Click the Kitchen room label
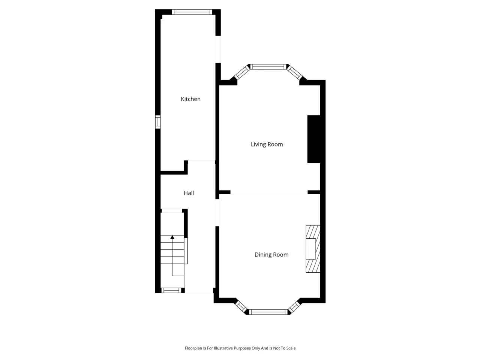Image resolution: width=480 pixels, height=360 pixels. point(190,99)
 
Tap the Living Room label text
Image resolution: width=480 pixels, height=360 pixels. point(267,144)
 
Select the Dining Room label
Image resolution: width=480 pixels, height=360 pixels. point(271,255)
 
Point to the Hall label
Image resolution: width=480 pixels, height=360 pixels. point(189,193)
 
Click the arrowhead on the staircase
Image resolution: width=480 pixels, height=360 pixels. point(172,237)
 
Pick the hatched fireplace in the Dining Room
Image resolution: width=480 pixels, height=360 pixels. point(313,249)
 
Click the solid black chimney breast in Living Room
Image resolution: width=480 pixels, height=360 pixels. point(314,139)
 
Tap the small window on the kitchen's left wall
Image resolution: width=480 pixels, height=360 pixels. point(157,122)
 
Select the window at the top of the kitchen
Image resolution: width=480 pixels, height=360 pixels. point(192,12)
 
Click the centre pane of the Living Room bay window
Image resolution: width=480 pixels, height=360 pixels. point(268,67)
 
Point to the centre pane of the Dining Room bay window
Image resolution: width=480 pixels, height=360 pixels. point(268,312)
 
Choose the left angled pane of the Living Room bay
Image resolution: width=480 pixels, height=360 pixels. point(242,72)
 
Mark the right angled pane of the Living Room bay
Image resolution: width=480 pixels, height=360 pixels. point(294,73)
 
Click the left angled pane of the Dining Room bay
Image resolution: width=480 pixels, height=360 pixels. point(241,307)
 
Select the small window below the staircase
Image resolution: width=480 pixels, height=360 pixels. point(171,290)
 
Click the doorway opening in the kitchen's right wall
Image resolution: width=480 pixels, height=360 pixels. point(218,49)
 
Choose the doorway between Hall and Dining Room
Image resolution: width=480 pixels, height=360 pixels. point(217,213)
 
